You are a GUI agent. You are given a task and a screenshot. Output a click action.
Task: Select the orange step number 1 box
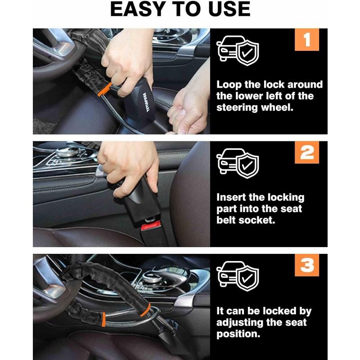(x=307, y=40)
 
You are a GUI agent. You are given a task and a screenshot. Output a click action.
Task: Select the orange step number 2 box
(x=307, y=152)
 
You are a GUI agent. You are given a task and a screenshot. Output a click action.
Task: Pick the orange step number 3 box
(x=307, y=265)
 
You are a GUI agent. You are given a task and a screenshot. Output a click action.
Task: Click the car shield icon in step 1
(x=238, y=50)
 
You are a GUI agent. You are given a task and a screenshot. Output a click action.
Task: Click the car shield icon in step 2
(x=238, y=163)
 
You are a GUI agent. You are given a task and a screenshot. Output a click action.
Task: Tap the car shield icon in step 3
(x=238, y=276)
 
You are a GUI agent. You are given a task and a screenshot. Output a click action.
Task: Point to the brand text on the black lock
(x=145, y=103)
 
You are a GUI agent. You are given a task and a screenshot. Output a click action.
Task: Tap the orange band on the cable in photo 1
(x=105, y=89)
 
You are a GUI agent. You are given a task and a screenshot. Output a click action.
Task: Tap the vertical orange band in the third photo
(x=104, y=319)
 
